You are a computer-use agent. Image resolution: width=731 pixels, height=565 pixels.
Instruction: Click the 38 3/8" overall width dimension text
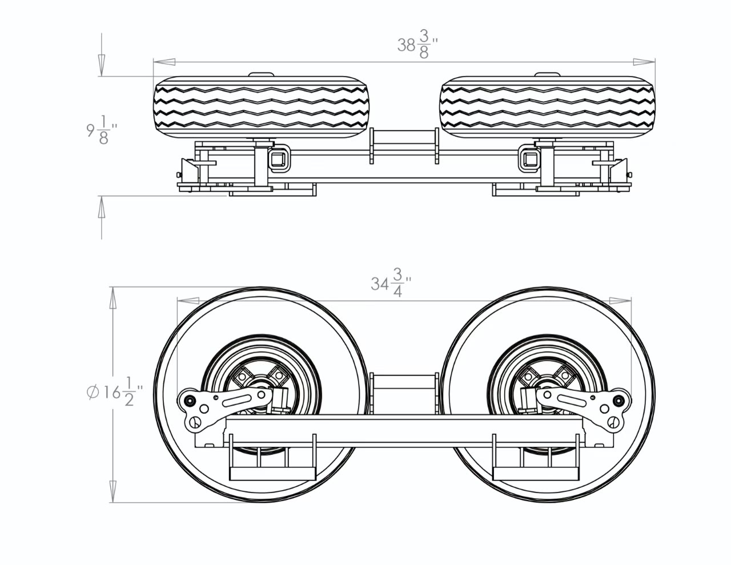(417, 45)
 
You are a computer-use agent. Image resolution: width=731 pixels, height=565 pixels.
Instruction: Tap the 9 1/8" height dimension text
(102, 131)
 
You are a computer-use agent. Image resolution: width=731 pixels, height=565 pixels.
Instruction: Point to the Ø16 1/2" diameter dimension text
(114, 392)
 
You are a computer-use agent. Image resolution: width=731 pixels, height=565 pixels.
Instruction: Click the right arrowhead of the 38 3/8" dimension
(644, 62)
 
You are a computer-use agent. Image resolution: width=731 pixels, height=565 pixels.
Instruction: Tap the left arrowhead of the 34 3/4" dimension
(188, 301)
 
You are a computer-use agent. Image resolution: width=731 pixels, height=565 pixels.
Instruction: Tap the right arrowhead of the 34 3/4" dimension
(620, 301)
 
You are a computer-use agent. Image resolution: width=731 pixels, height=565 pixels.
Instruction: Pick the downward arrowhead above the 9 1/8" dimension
(101, 65)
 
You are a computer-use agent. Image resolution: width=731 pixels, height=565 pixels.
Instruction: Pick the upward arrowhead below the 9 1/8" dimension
(101, 207)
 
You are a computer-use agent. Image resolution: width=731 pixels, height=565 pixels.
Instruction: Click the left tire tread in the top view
(262, 107)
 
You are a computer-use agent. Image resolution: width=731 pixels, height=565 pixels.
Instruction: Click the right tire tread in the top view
(547, 107)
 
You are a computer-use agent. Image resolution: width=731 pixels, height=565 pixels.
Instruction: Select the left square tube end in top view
(279, 159)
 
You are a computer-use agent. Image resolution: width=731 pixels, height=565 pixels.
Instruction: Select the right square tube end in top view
(529, 159)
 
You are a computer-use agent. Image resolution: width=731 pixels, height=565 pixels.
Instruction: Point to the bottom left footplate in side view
(272, 474)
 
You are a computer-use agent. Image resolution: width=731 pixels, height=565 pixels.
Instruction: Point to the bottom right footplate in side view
(536, 474)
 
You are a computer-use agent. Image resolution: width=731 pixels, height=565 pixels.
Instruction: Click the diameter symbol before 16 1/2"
(93, 392)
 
